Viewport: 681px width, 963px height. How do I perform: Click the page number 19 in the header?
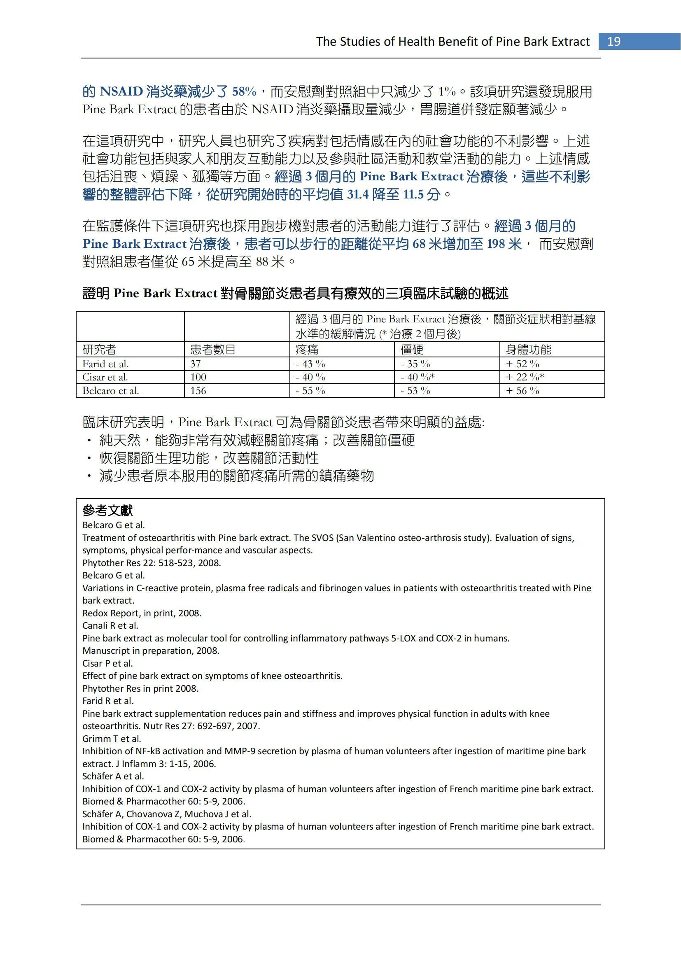click(613, 42)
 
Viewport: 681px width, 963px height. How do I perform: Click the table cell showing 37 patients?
click(196, 364)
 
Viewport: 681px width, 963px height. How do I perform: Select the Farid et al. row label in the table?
click(105, 364)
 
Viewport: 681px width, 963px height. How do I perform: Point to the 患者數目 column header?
click(212, 350)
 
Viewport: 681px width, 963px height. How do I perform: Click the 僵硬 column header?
click(412, 350)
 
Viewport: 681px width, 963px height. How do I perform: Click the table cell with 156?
click(198, 390)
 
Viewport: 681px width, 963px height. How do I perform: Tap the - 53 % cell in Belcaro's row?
click(415, 390)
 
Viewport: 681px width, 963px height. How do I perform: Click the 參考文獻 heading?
click(107, 511)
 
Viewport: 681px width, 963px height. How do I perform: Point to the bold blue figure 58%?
click(244, 91)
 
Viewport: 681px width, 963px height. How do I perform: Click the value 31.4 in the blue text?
click(357, 195)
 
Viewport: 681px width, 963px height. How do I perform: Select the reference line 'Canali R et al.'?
click(110, 625)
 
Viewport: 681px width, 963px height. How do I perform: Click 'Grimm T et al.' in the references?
click(112, 739)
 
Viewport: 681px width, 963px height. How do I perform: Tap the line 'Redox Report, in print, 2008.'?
click(142, 613)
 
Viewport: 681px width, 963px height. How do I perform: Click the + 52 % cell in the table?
click(522, 364)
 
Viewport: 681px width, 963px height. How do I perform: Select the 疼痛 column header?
click(307, 350)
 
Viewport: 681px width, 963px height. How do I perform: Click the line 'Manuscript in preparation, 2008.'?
click(151, 651)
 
